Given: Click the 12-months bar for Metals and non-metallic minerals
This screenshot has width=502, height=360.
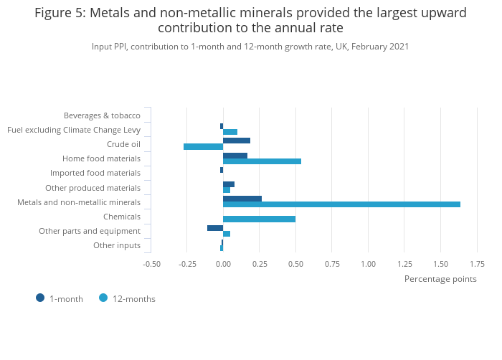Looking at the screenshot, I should coord(341,204).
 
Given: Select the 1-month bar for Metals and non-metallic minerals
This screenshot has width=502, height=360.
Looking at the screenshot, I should coord(242,199).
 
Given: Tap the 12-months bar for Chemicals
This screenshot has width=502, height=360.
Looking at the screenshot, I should coord(259,219).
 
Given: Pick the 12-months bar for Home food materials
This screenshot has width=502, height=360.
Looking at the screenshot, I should coord(262,161).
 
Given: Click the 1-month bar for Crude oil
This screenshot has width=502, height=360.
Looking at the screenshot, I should coord(237,141).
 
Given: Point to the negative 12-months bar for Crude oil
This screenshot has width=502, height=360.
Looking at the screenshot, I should coord(203,146).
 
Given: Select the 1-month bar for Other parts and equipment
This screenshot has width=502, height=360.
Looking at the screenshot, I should coord(215,228).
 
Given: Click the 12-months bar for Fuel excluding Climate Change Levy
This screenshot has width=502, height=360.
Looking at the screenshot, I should coord(230,132).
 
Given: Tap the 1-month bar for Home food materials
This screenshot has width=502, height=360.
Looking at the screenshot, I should coord(235,156).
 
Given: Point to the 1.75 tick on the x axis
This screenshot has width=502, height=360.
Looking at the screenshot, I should coord(477,263).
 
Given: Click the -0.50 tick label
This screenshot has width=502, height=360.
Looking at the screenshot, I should coord(151,263).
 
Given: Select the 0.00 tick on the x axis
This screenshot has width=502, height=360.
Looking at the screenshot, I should coord(223,263).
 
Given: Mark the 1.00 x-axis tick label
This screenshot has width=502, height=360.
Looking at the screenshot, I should coord(368,263).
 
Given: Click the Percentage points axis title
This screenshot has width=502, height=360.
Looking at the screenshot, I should coord(440,279).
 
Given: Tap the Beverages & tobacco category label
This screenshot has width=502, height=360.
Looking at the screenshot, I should coord(102,115).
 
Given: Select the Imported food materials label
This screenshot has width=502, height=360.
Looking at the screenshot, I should coord(95,173).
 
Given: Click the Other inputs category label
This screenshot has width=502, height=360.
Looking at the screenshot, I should coord(117,245).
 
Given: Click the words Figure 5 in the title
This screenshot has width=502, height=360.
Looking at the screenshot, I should coord(59,13).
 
